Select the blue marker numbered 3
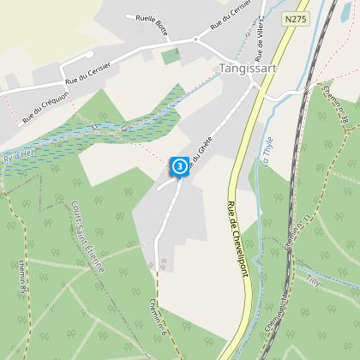pyautogui.click(x=179, y=165)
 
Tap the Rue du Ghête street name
pyautogui.click(x=199, y=156)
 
